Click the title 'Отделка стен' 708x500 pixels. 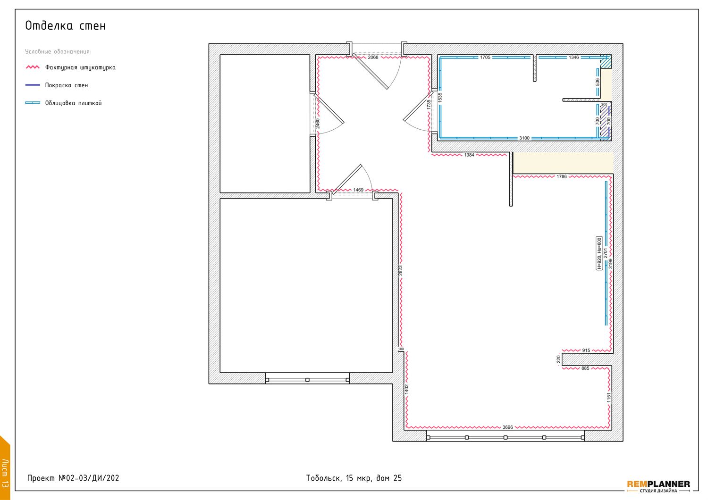pos(66,26)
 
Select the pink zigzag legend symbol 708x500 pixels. pos(33,67)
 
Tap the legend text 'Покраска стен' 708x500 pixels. pos(67,85)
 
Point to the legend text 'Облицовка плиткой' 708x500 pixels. pos(73,103)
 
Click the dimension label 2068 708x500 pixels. pos(373,57)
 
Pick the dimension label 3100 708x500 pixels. pos(524,138)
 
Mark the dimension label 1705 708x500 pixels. pos(485,57)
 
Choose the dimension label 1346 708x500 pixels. pos(573,57)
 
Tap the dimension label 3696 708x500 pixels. pos(507,427)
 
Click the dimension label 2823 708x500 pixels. pos(400,270)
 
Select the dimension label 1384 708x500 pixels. pos(469,155)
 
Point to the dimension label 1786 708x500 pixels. pos(562,176)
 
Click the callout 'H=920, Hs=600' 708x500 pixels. pos(599,253)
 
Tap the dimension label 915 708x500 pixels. pos(586,350)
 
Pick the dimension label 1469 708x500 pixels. pos(358,190)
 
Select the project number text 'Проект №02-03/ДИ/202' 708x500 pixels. pos(73,478)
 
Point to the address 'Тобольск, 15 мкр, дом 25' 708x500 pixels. pos(354,478)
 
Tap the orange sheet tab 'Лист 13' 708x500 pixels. pos(5,468)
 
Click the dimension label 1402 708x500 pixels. pos(407,389)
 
